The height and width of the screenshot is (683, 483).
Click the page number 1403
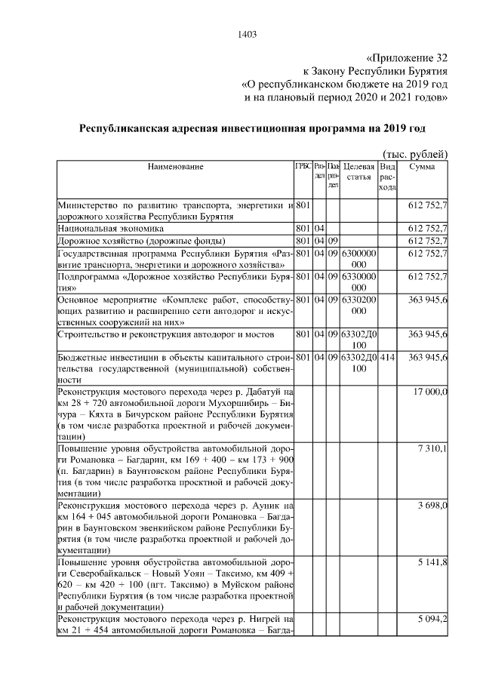(x=247, y=33)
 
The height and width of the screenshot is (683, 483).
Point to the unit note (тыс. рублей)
(x=417, y=153)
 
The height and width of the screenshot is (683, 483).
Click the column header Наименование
(x=175, y=166)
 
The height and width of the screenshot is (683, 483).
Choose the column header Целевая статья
(x=358, y=171)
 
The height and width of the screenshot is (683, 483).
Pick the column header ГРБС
(x=303, y=166)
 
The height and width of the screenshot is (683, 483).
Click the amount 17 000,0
(x=432, y=392)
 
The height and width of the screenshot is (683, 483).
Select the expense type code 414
(x=386, y=356)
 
